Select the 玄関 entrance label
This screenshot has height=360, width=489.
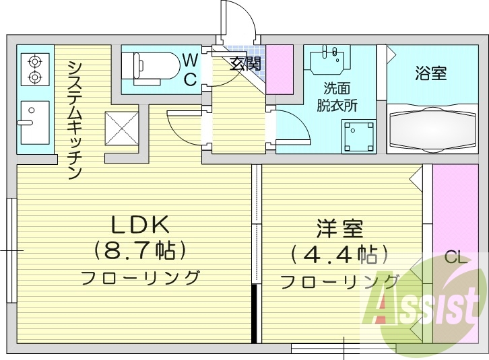click(x=246, y=65)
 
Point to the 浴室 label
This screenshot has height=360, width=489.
click(x=430, y=73)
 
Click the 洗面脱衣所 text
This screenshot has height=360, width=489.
click(x=337, y=96)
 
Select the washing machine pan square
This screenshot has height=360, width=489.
click(x=358, y=137)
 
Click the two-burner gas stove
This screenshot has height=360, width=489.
click(x=34, y=70)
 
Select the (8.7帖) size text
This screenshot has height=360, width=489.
click(x=139, y=250)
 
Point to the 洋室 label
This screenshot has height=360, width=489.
click(x=339, y=229)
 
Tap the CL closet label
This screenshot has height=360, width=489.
click(x=454, y=257)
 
